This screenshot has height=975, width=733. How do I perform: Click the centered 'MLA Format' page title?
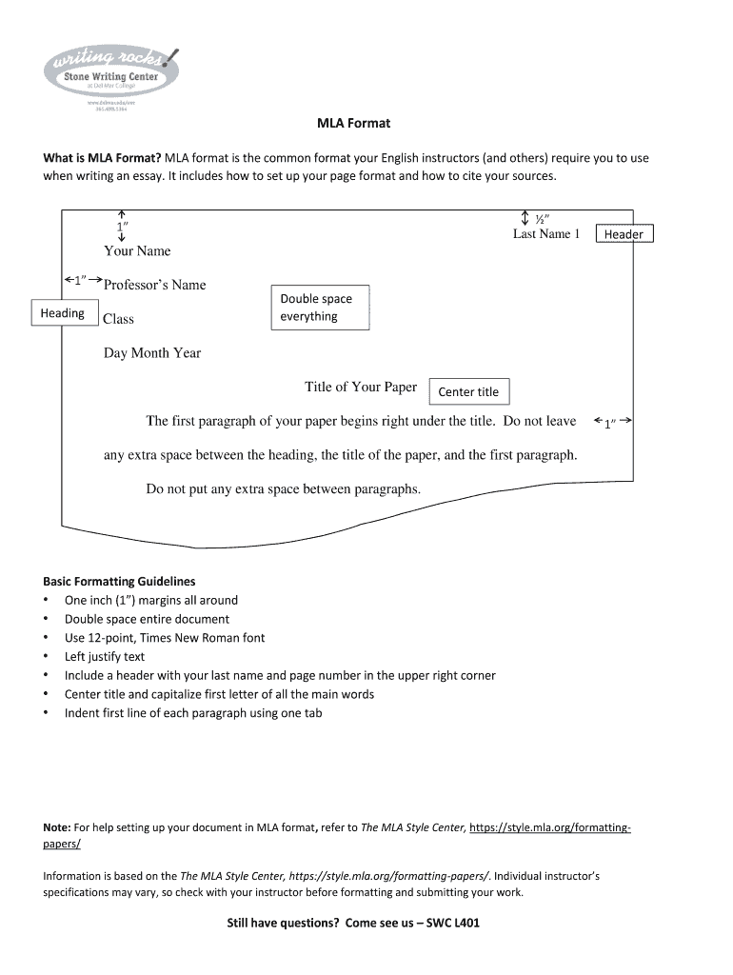pyautogui.click(x=353, y=124)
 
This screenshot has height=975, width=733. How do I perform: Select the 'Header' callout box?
pyautogui.click(x=624, y=234)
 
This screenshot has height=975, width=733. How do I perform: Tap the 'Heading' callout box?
pyautogui.click(x=62, y=313)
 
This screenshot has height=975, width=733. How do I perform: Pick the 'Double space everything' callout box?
pyautogui.click(x=320, y=308)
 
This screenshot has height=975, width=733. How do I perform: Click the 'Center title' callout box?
pyautogui.click(x=468, y=391)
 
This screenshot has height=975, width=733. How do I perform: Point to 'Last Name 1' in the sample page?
pyautogui.click(x=545, y=234)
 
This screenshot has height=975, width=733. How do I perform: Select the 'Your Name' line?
pyautogui.click(x=137, y=251)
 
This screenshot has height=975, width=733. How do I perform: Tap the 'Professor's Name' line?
pyautogui.click(x=154, y=285)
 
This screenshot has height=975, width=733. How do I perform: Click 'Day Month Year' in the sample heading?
pyautogui.click(x=152, y=353)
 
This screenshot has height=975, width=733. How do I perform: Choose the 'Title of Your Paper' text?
pyautogui.click(x=361, y=387)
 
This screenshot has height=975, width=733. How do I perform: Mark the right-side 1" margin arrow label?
pyautogui.click(x=612, y=423)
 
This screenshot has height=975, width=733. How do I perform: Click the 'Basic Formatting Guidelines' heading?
pyautogui.click(x=119, y=581)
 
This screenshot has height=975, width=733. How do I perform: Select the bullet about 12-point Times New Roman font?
pyautogui.click(x=165, y=638)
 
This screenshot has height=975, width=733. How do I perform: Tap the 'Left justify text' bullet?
pyautogui.click(x=105, y=656)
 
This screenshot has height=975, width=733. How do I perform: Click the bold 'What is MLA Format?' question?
pyautogui.click(x=102, y=158)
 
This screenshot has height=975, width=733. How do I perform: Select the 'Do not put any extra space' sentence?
pyautogui.click(x=283, y=489)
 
